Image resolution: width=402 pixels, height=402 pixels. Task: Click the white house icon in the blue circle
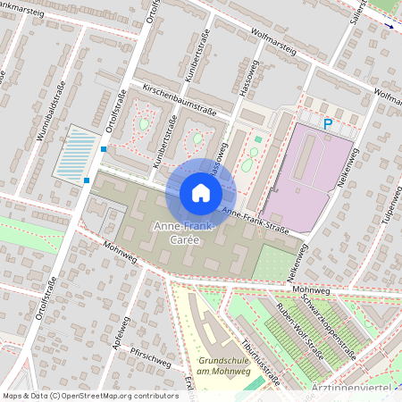(x=201, y=193)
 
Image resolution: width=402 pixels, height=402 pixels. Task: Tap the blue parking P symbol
(x=328, y=125)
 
